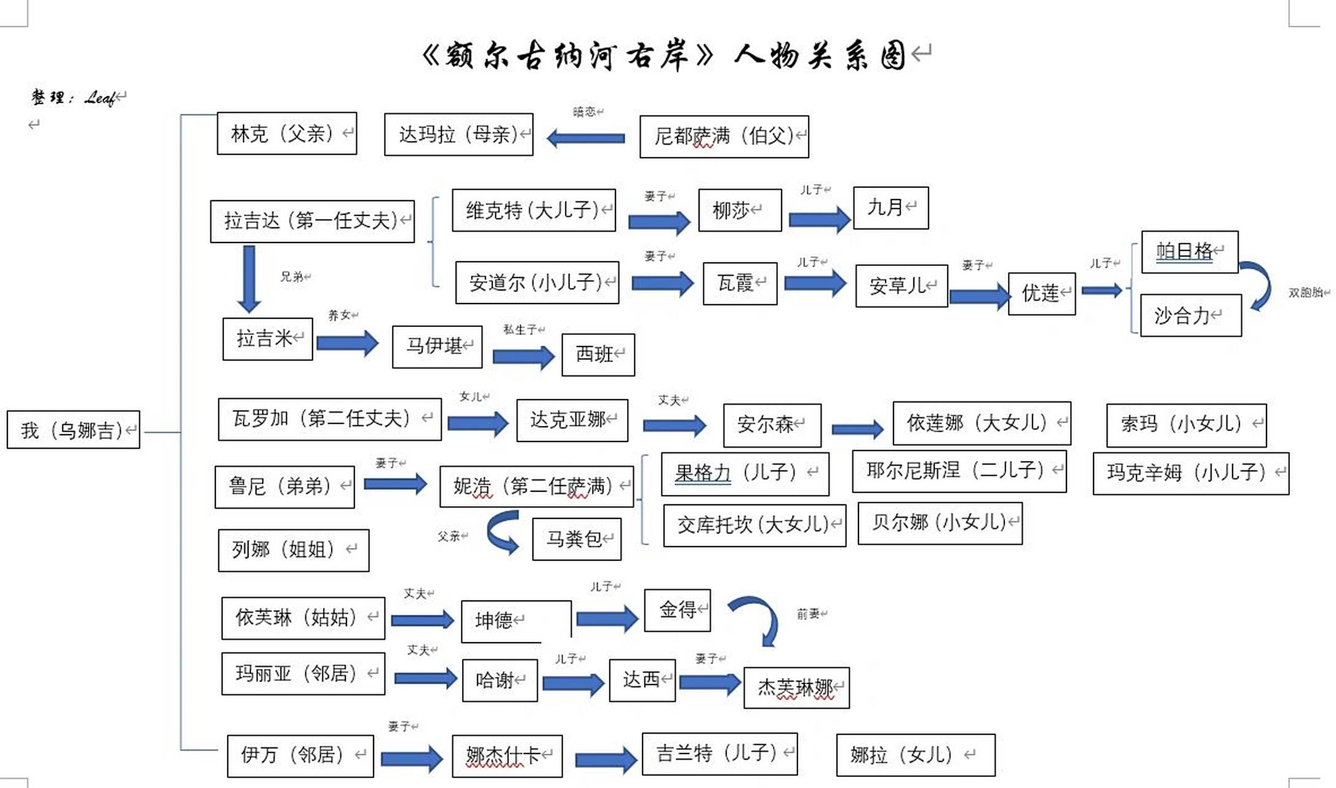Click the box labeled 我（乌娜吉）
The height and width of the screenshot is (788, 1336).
tap(73, 430)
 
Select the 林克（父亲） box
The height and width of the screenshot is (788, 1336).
tap(287, 133)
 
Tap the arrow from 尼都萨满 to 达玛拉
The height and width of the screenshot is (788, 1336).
tap(586, 139)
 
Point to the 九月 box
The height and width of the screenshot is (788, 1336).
tap(890, 208)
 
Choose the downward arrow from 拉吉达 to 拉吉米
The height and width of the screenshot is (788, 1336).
tap(249, 279)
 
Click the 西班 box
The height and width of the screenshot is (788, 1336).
tap(598, 355)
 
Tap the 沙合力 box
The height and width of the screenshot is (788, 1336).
tap(1190, 316)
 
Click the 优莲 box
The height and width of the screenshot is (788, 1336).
tap(1041, 294)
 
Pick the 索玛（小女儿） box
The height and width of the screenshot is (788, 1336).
tap(1186, 425)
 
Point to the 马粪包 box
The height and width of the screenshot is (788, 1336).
tap(577, 539)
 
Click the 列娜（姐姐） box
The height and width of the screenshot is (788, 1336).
tap(294, 550)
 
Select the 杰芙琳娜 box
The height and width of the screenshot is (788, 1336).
tap(796, 688)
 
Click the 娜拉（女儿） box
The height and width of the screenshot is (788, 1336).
tap(915, 755)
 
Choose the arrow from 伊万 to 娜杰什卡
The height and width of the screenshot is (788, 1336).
tap(411, 758)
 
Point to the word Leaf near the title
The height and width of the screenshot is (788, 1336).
tap(100, 98)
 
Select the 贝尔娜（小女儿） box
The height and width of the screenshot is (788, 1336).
tap(940, 523)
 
